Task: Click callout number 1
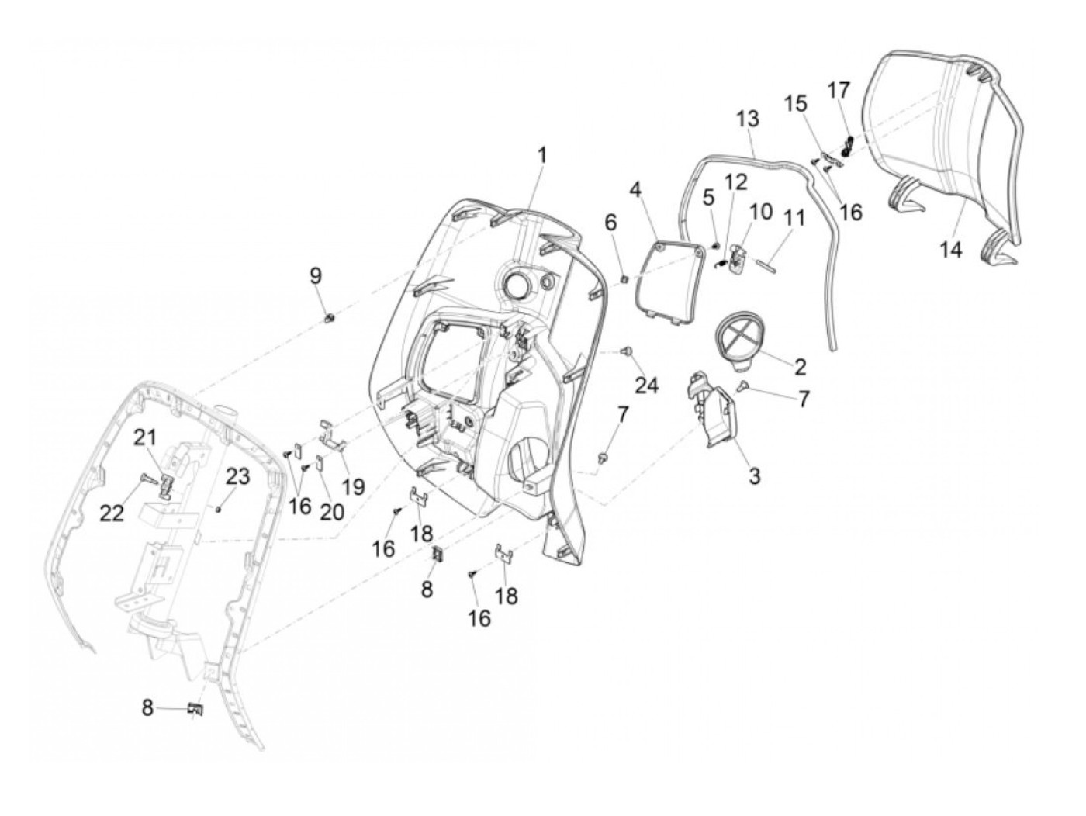tap(542, 155)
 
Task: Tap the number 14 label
tap(951, 249)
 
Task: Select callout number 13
tap(748, 119)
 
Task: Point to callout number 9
tap(315, 275)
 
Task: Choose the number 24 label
tap(647, 384)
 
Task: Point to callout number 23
tap(238, 475)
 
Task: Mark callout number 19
tap(353, 486)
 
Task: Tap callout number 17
tap(838, 91)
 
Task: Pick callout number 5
tap(707, 199)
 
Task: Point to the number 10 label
tap(760, 211)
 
